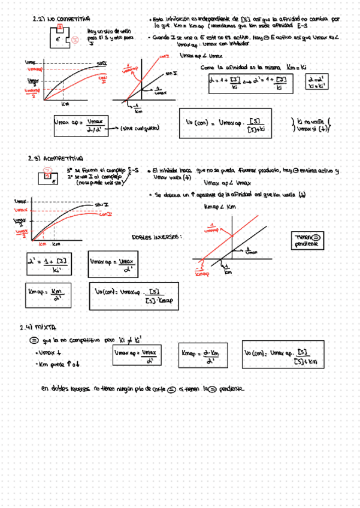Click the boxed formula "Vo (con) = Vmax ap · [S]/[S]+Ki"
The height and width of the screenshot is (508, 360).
(224, 125)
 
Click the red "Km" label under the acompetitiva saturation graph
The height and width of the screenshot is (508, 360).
(43, 244)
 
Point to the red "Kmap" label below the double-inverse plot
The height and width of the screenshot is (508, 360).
(200, 275)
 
